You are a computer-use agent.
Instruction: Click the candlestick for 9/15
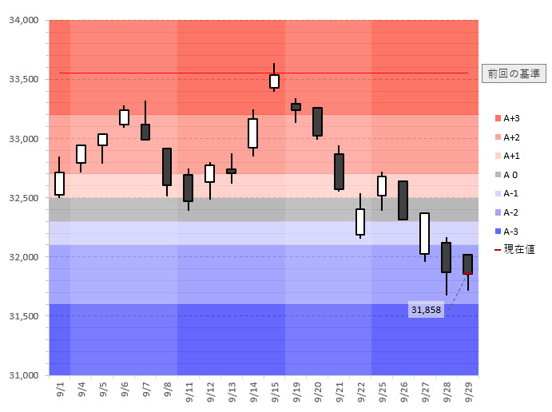(x=274, y=81)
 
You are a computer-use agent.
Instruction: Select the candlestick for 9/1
(x=59, y=183)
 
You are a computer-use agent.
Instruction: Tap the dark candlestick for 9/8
(x=166, y=166)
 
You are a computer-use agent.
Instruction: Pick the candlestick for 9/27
(x=424, y=233)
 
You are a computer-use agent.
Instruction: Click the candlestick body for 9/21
(x=339, y=171)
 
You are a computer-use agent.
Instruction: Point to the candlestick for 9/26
(x=403, y=200)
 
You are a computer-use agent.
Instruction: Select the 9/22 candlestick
(x=360, y=221)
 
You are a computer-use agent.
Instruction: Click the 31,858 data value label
(x=426, y=310)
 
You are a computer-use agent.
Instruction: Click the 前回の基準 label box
(x=514, y=73)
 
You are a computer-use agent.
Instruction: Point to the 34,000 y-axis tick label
(x=23, y=21)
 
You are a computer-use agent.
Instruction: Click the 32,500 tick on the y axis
(x=23, y=198)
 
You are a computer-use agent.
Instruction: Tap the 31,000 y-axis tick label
(x=23, y=375)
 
